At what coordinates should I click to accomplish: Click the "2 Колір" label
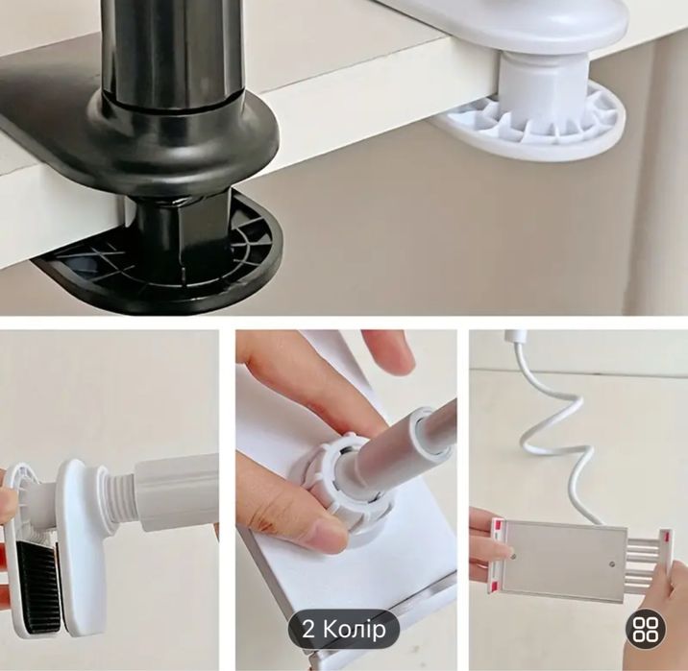tap(344, 630)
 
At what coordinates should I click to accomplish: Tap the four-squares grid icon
tap(646, 630)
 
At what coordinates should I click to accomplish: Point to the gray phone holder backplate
tap(564, 559)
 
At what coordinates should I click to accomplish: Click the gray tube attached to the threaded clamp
tap(176, 491)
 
